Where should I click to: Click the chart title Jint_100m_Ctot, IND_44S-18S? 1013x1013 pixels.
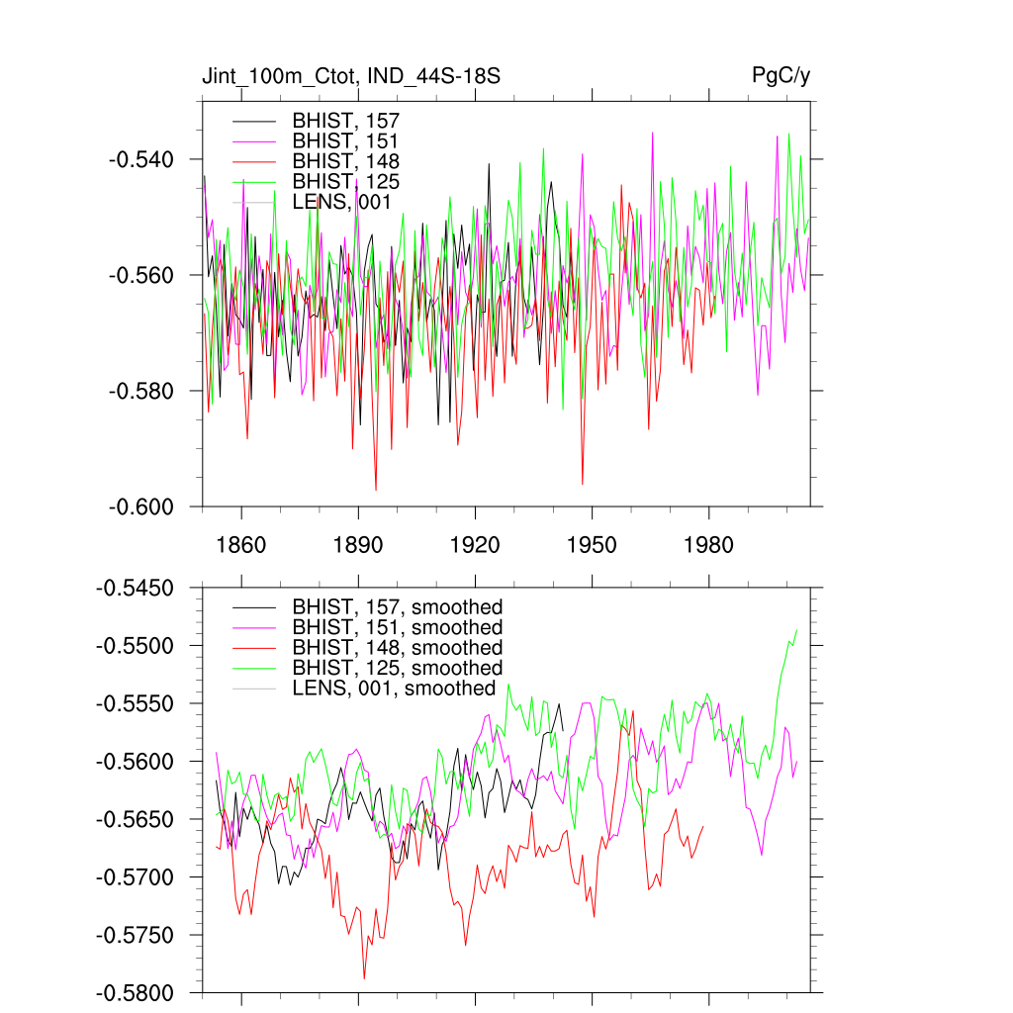click(343, 76)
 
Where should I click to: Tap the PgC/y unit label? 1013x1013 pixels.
click(782, 76)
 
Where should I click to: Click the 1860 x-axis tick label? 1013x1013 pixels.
click(240, 545)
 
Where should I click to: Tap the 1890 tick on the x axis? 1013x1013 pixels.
click(357, 545)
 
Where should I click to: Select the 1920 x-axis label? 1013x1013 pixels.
click(475, 545)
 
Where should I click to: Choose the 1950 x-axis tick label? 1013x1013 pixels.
click(592, 545)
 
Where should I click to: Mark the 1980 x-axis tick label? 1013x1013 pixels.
click(709, 545)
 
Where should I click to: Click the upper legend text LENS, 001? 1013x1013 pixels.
click(342, 202)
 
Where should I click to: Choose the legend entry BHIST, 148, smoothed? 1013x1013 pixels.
click(397, 648)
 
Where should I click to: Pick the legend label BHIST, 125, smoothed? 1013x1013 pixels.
click(397, 668)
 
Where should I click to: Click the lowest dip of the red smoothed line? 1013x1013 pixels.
click(364, 978)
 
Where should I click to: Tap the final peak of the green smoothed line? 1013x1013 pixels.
click(796, 630)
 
